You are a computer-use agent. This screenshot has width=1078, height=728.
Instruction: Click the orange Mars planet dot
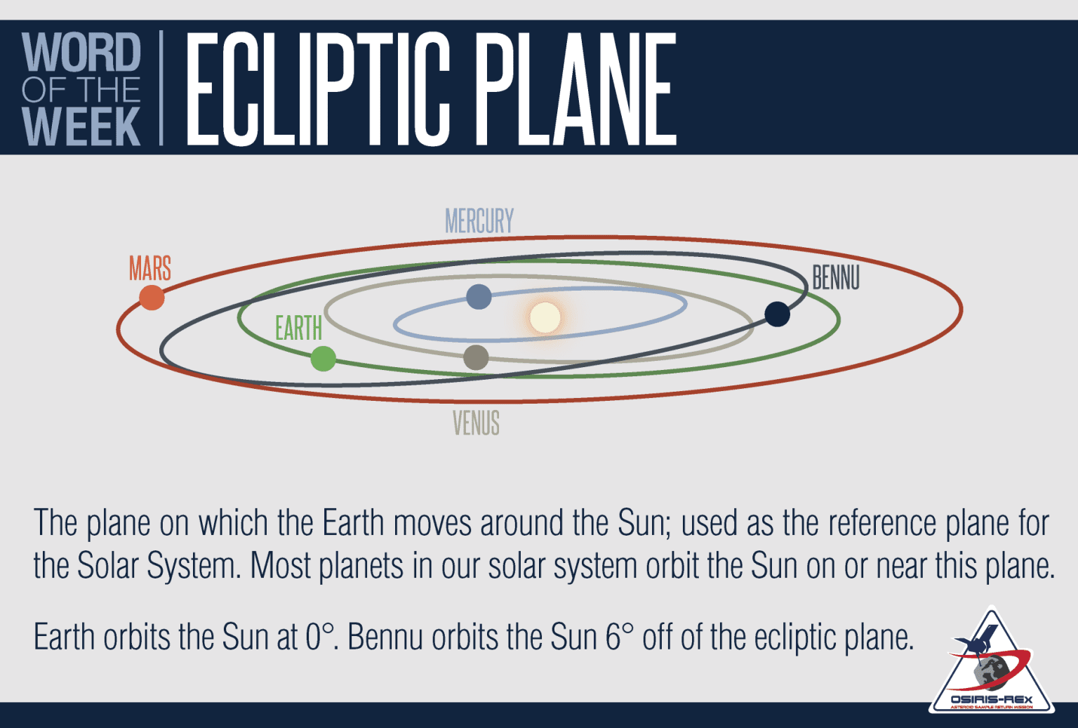152,298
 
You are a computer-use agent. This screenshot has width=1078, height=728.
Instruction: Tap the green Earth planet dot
323,359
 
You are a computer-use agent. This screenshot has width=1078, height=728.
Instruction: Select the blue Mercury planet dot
479,297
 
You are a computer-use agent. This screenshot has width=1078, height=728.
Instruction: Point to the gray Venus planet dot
476,357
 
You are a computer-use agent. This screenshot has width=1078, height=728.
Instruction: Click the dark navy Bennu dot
777,314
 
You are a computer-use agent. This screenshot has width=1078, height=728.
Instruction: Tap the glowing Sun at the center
545,317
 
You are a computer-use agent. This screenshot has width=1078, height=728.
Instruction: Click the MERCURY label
479,221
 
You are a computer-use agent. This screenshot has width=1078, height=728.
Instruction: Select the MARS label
149,268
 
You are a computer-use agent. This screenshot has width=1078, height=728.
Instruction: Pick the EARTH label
298,329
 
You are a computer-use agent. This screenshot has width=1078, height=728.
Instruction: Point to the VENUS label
476,423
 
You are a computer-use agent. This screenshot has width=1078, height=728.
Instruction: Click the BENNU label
835,278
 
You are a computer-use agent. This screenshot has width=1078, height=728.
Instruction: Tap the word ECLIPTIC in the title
318,89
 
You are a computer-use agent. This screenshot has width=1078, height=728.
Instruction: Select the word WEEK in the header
81,127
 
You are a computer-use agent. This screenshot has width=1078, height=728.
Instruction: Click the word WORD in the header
81,53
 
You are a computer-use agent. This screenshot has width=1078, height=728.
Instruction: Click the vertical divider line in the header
161,88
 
